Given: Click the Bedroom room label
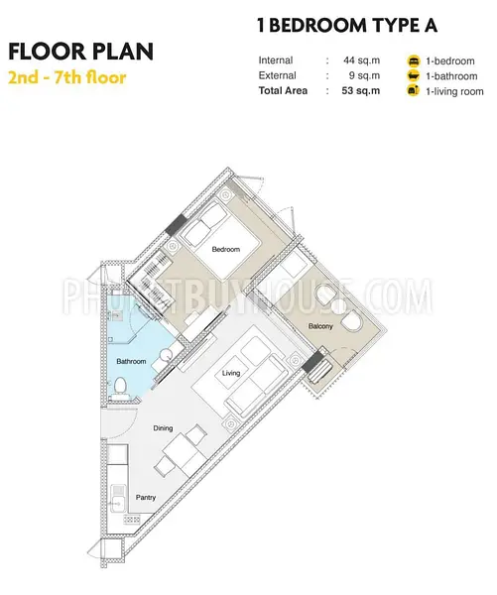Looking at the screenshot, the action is [x=226, y=249].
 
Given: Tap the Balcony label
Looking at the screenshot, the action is [x=320, y=326].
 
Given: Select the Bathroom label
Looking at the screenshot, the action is [x=131, y=361].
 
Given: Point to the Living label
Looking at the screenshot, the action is [x=231, y=373].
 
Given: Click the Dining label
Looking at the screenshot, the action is [x=163, y=428].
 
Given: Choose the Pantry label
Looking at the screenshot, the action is [x=146, y=497].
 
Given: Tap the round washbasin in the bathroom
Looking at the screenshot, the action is [x=166, y=354].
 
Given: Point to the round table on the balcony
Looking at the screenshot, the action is [x=337, y=306].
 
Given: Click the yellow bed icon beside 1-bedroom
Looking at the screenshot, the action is [x=414, y=60].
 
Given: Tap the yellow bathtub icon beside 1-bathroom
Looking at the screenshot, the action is [x=414, y=76].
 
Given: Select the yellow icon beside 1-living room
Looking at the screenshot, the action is [x=414, y=91].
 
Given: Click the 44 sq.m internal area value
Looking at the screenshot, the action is [x=361, y=60].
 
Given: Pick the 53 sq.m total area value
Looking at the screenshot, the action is [x=361, y=90].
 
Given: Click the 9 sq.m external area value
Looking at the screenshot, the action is [x=364, y=75].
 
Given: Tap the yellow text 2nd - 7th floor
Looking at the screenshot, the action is [x=67, y=77].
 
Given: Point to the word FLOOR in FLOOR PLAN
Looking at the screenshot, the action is [x=48, y=52].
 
